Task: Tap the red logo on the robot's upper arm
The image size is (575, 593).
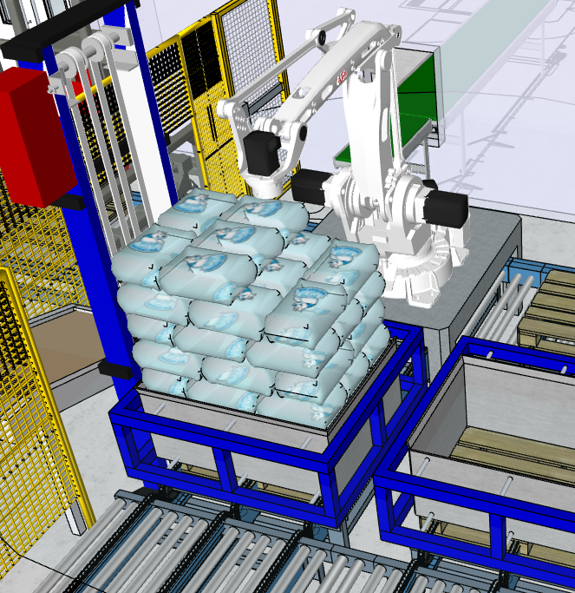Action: click(x=340, y=77)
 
